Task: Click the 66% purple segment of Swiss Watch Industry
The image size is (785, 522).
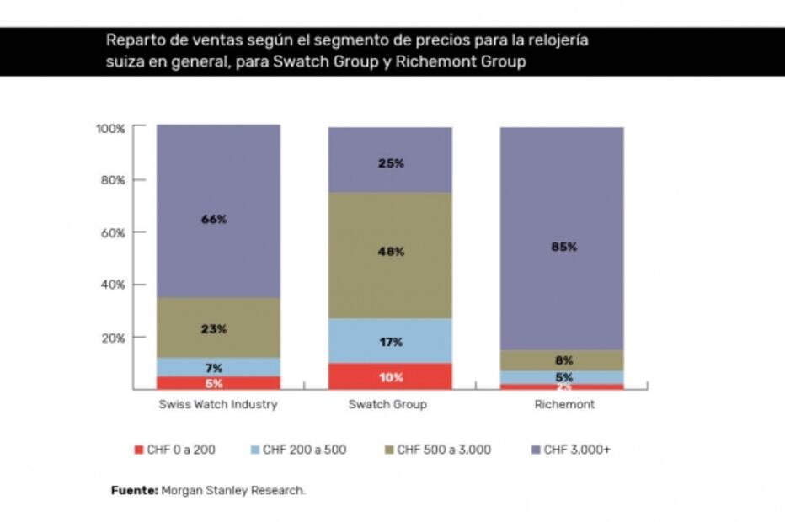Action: click(217, 210)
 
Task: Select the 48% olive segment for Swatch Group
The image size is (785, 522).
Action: click(389, 255)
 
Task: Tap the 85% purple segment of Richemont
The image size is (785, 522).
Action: click(562, 238)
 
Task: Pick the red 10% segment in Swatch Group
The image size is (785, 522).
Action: click(389, 376)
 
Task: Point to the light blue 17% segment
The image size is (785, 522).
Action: click(389, 341)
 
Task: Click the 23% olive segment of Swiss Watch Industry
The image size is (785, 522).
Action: click(217, 328)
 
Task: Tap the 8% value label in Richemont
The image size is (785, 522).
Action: click(563, 360)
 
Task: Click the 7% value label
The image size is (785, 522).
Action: click(214, 367)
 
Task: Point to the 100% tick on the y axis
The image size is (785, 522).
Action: click(110, 129)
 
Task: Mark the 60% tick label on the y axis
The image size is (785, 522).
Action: click(112, 232)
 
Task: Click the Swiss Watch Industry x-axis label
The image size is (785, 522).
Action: click(217, 404)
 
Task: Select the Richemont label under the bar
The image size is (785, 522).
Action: click(564, 404)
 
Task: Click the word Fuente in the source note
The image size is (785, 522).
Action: click(134, 490)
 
